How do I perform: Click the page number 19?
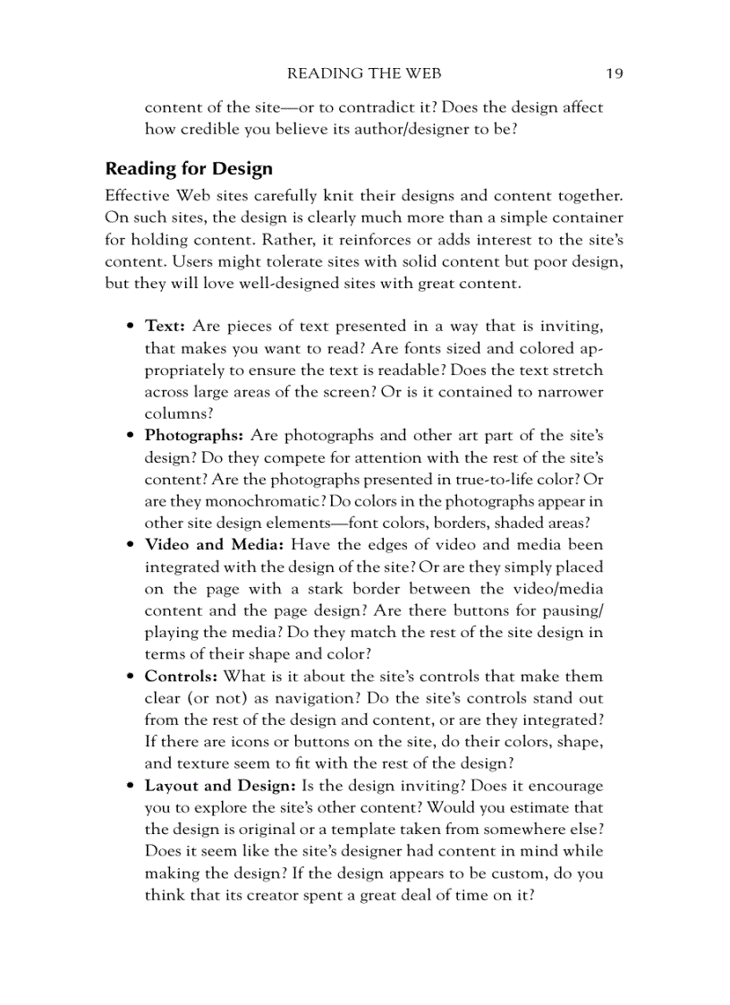coord(614,73)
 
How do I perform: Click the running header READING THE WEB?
coord(364,73)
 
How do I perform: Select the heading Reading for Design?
coord(189,168)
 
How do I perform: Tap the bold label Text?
coord(165,326)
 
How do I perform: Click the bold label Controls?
coord(181,677)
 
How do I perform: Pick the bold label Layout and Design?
coord(220,786)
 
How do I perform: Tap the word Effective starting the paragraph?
coord(138,195)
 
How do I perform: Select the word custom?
coord(505,873)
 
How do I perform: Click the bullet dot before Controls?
coord(131,677)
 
